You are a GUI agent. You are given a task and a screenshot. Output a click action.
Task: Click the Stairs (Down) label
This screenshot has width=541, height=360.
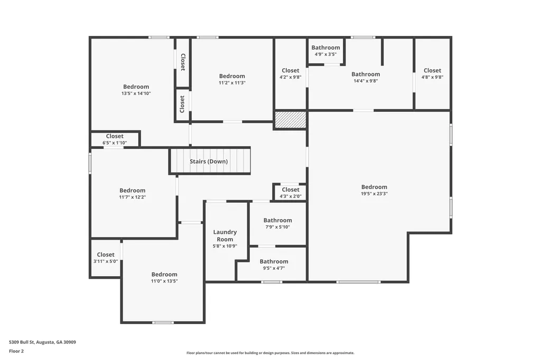coord(209,162)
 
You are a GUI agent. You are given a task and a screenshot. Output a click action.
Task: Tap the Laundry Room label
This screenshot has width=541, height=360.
coord(225,235)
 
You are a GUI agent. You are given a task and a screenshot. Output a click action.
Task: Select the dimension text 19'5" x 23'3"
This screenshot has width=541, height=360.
coord(374,194)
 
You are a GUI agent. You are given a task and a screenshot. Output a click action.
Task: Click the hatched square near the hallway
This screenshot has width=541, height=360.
coord(291,120)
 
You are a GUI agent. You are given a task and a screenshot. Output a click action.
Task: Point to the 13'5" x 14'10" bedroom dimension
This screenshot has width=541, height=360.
coord(136,93)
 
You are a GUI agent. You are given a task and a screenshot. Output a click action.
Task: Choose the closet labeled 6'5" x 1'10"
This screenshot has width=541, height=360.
coord(115,139)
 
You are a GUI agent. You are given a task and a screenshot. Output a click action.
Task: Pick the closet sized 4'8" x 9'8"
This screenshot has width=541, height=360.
coord(432,74)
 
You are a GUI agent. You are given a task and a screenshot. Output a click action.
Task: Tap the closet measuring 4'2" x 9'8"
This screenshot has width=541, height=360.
coord(290,74)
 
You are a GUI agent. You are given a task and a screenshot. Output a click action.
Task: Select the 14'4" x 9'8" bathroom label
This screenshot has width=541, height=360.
coord(366,78)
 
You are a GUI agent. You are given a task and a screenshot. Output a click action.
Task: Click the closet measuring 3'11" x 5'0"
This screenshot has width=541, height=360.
coord(106,258)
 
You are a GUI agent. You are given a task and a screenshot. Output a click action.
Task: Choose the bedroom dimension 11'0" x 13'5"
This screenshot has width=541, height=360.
coord(164,281)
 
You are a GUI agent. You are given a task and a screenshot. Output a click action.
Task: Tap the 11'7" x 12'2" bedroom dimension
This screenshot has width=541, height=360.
coord(132,197)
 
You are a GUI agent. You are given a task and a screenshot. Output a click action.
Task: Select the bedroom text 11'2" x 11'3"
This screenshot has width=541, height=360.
coord(232,83)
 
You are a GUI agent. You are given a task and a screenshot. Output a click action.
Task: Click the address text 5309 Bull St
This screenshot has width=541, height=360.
coord(42,342)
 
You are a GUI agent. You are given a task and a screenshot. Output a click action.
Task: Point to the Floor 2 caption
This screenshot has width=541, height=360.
coord(16,351)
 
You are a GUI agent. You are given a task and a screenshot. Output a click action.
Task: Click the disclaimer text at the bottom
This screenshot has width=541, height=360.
coord(270,353)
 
